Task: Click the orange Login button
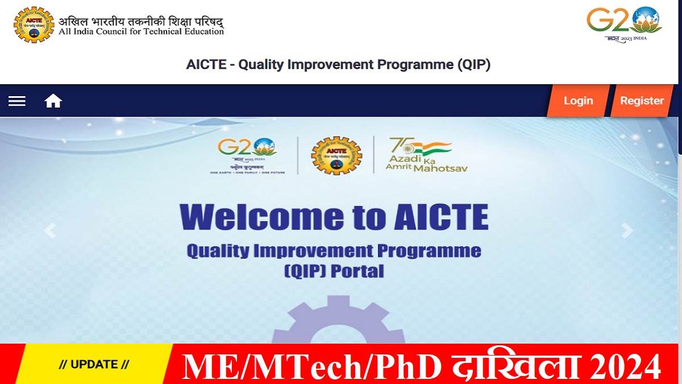(578, 101)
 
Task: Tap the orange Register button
(642, 101)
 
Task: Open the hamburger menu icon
(17, 101)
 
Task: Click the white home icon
(53, 101)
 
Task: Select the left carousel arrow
(50, 230)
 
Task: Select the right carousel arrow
(627, 230)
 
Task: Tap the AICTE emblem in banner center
(336, 155)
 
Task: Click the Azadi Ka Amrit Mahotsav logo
(419, 155)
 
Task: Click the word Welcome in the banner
(261, 217)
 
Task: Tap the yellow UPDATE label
(94, 365)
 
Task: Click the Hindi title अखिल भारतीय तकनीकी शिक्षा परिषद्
(141, 22)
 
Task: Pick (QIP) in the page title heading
(473, 64)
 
